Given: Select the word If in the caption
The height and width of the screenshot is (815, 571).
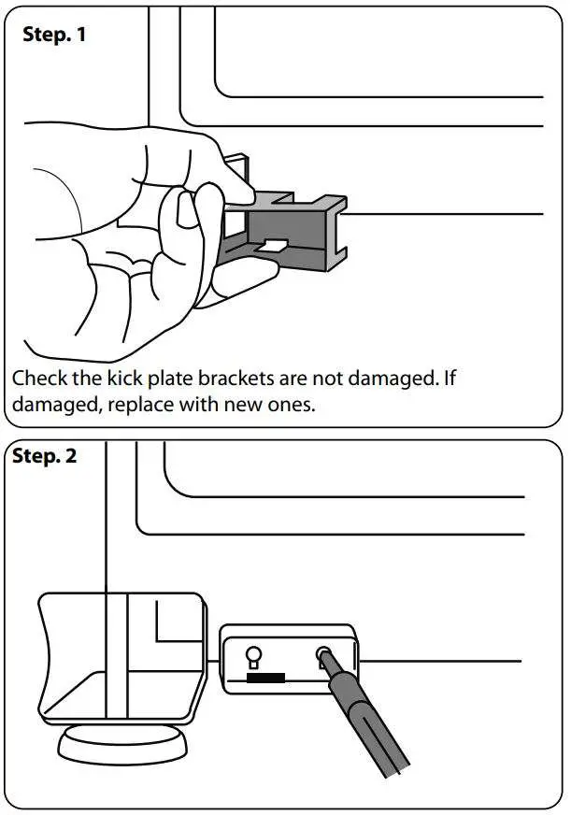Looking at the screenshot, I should click(449, 380).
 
